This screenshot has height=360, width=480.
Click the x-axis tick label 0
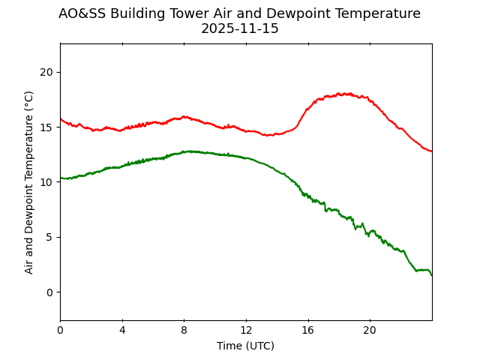tap(60, 331)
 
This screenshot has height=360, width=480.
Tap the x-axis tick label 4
tap(122, 331)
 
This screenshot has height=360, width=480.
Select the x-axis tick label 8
tap(184, 331)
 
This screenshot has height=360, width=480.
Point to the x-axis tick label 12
tap(246, 331)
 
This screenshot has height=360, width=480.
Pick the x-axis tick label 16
tap(308, 331)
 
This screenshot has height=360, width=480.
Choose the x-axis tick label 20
tap(370, 331)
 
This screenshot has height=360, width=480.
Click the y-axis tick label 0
tap(49, 292)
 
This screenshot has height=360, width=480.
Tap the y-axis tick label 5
tap(49, 237)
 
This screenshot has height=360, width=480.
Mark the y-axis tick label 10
tap(46, 182)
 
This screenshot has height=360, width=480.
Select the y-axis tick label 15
tap(46, 127)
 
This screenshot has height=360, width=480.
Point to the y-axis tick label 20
tap(46, 72)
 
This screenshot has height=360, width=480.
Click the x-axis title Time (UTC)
tap(246, 346)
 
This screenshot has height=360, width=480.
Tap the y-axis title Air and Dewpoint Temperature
tap(29, 182)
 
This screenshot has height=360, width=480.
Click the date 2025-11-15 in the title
tap(240, 28)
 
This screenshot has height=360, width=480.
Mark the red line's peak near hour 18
tap(343, 94)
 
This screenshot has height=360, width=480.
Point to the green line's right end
tap(431, 275)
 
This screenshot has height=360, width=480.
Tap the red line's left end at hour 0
tap(61, 118)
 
